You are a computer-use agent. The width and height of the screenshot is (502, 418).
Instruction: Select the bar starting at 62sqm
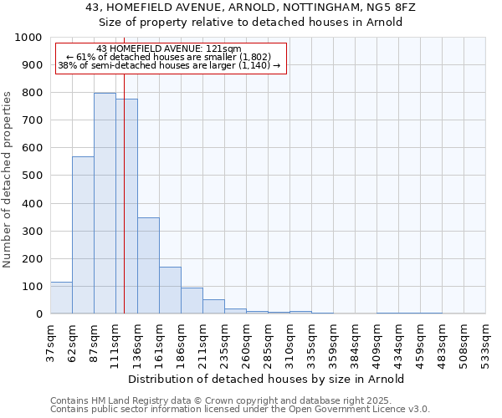click(83, 235)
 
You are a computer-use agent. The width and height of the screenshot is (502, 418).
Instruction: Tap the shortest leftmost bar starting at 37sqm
click(61, 298)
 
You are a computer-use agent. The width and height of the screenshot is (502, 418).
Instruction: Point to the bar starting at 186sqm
click(192, 301)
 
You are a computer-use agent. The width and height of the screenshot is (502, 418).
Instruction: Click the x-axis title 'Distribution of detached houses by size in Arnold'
click(267, 379)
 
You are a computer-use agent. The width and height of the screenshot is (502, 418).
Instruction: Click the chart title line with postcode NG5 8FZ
click(250, 8)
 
